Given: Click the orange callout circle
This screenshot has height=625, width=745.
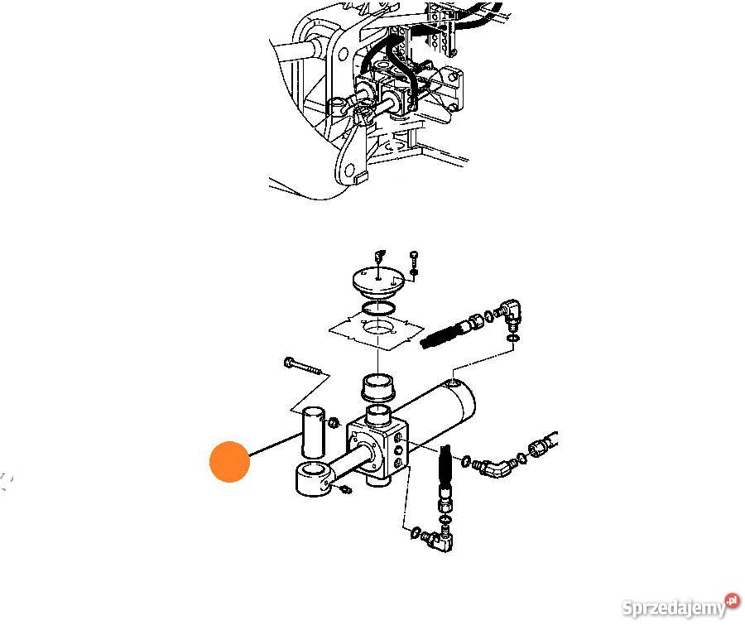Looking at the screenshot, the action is coord(229,461).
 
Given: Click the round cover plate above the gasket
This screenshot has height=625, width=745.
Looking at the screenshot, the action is coord(378,281).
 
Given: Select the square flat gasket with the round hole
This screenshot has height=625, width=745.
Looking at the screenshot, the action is coord(377,331).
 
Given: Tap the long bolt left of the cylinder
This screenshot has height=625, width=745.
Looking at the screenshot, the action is coord(303,366).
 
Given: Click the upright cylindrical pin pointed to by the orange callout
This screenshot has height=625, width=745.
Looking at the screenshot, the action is coord(313,431).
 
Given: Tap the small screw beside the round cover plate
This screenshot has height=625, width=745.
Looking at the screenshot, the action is coord(413,262).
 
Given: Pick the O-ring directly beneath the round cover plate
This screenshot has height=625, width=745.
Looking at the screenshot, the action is coord(378,309).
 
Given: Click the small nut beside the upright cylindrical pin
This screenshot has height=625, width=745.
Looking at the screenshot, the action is coord(334,421).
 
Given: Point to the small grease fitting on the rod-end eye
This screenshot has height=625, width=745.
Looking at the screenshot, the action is coord(345,488).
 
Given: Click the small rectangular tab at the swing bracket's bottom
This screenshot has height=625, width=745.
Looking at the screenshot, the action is coord(361,178).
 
